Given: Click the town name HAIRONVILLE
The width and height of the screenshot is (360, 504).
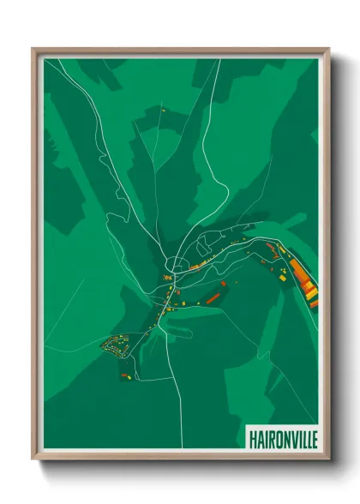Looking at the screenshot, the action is (x=282, y=438).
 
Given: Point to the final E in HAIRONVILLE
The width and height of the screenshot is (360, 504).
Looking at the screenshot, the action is (x=313, y=438).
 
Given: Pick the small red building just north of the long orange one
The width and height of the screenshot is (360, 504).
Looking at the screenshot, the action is (x=224, y=282).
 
